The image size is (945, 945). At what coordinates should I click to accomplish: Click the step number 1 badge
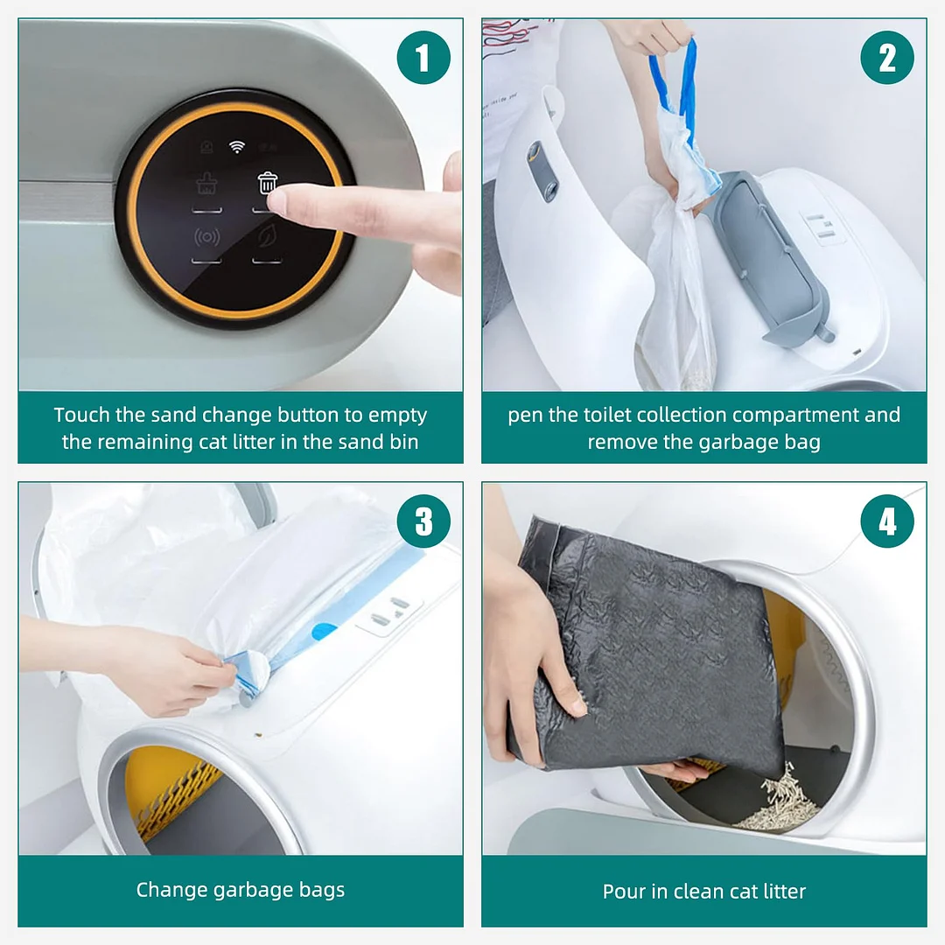[x=423, y=58]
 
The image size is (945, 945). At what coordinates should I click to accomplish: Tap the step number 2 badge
[x=887, y=58]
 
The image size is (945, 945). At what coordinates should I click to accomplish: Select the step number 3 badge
[x=423, y=521]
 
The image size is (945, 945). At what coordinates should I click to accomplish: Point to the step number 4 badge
[x=887, y=521]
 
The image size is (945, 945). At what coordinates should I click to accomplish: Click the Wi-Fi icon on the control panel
[x=237, y=146]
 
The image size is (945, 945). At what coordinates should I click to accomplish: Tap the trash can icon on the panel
[x=268, y=183]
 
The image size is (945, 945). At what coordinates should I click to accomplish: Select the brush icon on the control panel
[x=206, y=184]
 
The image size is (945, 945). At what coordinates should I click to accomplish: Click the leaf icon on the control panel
[x=267, y=236]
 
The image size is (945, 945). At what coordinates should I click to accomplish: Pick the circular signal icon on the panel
[x=206, y=237]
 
